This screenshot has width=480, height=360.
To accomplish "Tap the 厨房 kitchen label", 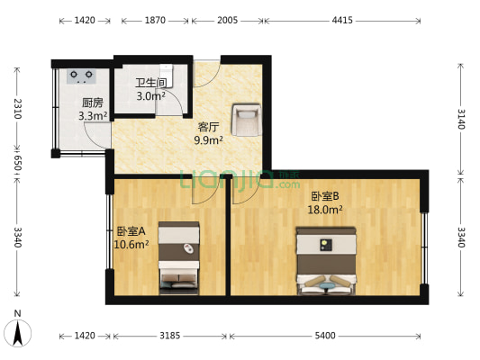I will [x=92, y=102].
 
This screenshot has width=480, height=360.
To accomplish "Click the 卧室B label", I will [x=325, y=195].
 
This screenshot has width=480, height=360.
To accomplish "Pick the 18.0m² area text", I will [x=325, y=209].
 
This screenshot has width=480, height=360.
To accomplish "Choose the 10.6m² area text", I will [x=131, y=244].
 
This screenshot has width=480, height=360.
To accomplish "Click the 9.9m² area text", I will [x=209, y=139].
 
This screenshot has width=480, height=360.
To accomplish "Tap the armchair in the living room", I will [x=246, y=118].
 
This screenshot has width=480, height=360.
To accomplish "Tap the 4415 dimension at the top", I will [x=342, y=20].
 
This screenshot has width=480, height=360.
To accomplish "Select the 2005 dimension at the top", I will [x=228, y=20].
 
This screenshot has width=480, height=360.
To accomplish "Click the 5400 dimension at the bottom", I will [x=326, y=336].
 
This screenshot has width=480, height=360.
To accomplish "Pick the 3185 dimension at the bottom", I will [x=170, y=336].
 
